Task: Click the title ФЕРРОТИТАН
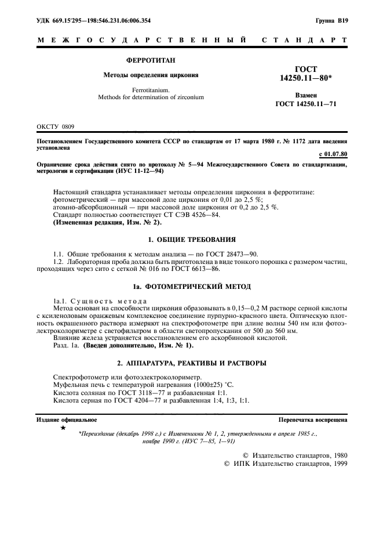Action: [151, 60]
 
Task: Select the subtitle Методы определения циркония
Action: [151, 75]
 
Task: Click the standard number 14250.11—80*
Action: [306, 78]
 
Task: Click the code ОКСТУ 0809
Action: [55, 126]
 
